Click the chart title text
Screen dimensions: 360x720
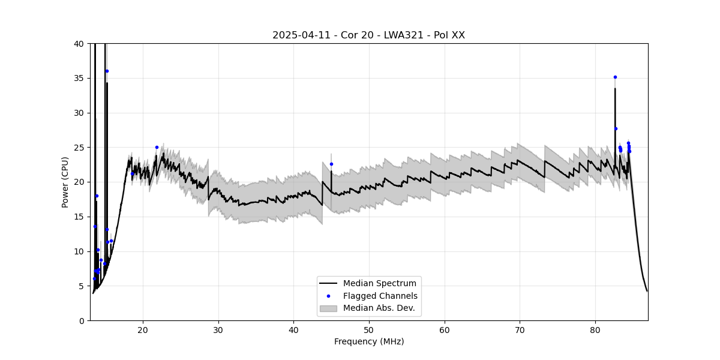[x=368, y=35]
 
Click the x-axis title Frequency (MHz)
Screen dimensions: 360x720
[x=368, y=341]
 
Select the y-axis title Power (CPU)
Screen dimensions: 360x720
[x=65, y=182]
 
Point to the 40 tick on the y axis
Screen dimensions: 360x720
[x=79, y=44]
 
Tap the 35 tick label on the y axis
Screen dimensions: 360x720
[x=79, y=78]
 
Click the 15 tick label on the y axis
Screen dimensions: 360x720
[x=79, y=217]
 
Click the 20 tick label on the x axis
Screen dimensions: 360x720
[x=143, y=329]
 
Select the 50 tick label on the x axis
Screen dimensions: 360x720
[x=369, y=329]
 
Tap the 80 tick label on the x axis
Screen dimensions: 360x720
[x=595, y=329]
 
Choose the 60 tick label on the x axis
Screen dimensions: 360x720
[x=445, y=329]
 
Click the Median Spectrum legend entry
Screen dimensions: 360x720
[x=379, y=283]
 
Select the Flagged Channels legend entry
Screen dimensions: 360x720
[x=380, y=296]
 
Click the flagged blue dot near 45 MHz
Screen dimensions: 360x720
[x=331, y=164]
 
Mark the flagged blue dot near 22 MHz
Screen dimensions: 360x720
[x=157, y=147]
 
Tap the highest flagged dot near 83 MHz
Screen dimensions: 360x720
[x=615, y=77]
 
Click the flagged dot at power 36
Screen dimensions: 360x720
[x=107, y=71]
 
